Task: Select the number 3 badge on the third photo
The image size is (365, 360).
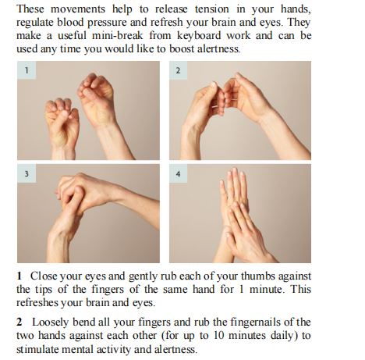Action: (27, 173)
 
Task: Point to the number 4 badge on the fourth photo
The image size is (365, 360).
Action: (179, 173)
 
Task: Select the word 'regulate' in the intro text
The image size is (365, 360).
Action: (37, 22)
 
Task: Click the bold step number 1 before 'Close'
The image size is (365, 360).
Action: (19, 276)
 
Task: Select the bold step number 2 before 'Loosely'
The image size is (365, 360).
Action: (19, 322)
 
